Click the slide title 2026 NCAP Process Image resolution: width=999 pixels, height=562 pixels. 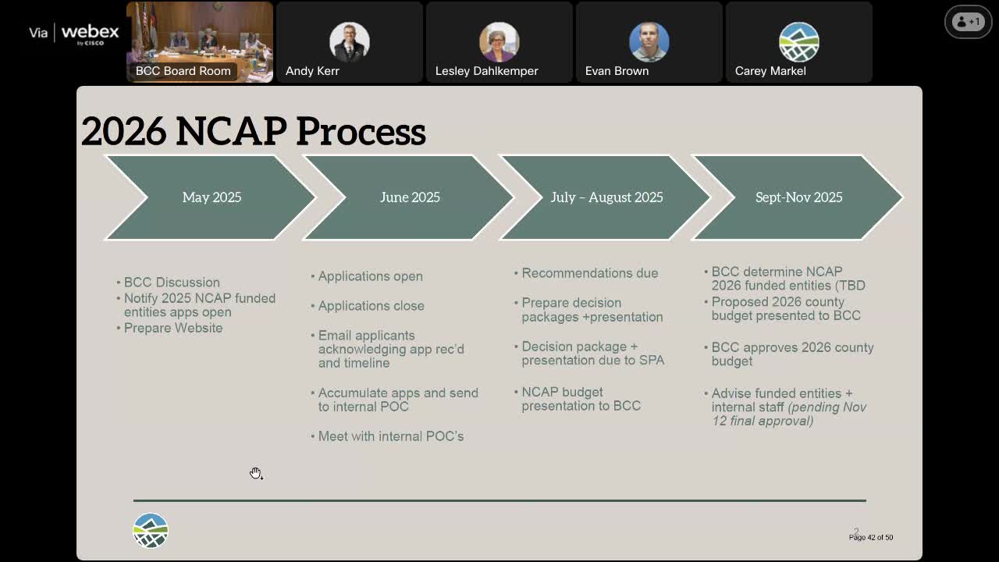[253, 130]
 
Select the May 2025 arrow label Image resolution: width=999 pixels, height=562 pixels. [212, 197]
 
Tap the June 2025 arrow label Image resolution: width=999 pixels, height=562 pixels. [410, 197]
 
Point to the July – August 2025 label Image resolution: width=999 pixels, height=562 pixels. [606, 197]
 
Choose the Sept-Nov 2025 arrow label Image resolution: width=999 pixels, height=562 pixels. [798, 197]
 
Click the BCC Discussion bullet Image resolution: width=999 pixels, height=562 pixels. [172, 283]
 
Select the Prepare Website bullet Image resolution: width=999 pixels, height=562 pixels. [173, 328]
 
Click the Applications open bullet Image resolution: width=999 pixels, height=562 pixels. [370, 276]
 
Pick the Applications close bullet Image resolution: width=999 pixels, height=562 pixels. [371, 306]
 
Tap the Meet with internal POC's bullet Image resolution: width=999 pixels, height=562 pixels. [390, 436]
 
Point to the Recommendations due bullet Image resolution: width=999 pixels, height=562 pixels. [589, 273]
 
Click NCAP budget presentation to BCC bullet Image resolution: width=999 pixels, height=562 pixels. [581, 399]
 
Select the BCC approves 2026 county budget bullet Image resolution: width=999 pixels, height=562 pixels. [791, 354]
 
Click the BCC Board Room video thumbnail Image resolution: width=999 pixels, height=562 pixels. [200, 42]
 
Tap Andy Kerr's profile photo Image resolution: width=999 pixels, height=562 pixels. [349, 41]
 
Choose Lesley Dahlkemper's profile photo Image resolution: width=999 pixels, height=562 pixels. [499, 41]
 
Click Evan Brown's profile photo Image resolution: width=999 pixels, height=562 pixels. [649, 41]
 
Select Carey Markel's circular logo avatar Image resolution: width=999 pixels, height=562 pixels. [798, 41]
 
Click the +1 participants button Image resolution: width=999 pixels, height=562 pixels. [968, 22]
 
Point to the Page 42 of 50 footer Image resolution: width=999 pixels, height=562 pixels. [870, 537]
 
